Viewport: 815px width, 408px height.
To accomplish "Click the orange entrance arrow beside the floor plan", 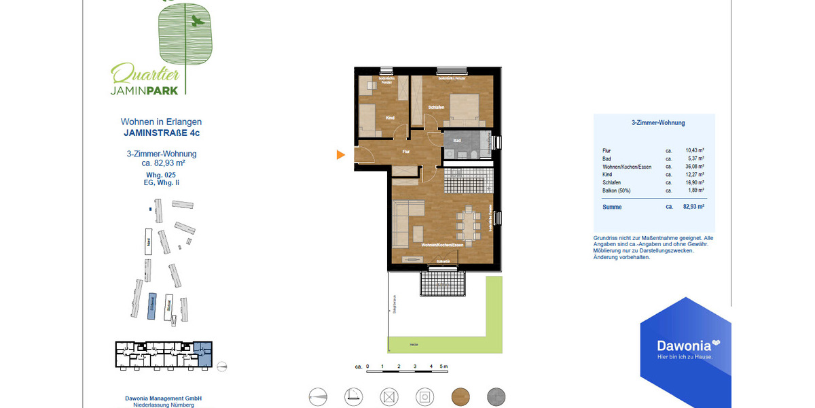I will tap(341, 155).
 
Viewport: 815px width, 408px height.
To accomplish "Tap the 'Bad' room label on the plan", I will tap(457, 141).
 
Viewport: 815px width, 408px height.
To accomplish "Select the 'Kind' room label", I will tap(390, 118).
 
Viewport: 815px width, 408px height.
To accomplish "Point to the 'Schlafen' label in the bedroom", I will tap(436, 107).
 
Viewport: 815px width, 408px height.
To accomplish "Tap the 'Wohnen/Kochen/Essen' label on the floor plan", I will tap(442, 244).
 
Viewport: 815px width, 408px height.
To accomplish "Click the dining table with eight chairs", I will tap(468, 222).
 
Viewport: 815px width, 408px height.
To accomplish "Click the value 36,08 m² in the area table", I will tap(694, 166).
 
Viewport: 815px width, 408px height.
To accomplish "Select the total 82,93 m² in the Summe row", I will tap(693, 206).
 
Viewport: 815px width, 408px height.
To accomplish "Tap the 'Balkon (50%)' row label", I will tap(616, 190).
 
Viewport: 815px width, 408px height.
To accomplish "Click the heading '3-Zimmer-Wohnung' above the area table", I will tap(658, 123).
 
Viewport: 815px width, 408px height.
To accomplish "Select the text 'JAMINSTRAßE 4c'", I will tap(161, 133).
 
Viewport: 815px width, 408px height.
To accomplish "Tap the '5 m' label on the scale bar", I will tap(444, 367).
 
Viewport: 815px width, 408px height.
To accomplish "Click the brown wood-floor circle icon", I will tap(460, 396).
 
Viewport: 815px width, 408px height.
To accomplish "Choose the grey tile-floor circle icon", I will tap(496, 396).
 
